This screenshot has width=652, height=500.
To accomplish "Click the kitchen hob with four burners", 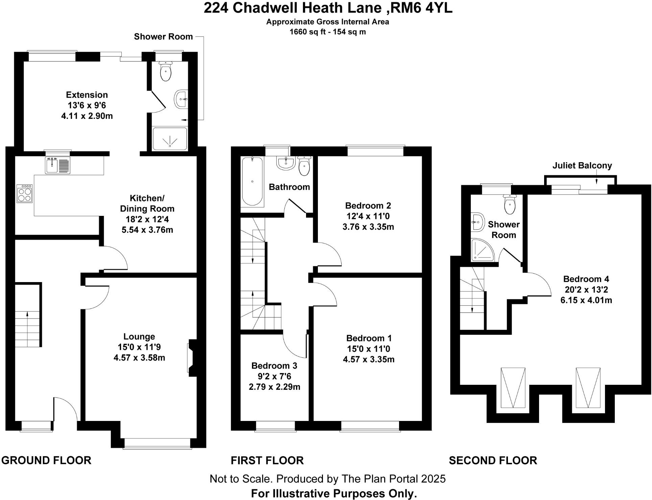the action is point(25,194).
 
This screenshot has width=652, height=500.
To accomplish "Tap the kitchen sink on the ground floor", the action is point(58,165).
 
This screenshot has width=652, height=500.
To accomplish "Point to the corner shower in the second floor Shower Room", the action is point(482,250).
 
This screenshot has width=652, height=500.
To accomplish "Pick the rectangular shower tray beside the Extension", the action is point(170,139).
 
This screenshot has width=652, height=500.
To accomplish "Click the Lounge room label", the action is point(139,336).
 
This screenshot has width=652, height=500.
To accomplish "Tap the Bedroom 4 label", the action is point(586,279).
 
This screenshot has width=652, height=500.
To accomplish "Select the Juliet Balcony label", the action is point(582,166).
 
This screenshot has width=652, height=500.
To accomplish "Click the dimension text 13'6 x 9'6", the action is point(87,105).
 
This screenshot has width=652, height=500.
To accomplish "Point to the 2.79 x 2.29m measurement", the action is point(274,387).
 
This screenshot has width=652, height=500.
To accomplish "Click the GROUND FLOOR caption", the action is point(46,460).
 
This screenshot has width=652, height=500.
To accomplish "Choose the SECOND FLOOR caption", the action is point(493,460).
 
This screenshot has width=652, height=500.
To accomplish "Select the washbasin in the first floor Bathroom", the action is point(286,163).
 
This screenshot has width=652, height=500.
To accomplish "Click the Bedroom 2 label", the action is point(368,205).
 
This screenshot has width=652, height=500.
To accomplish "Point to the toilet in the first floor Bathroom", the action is point(304,166).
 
